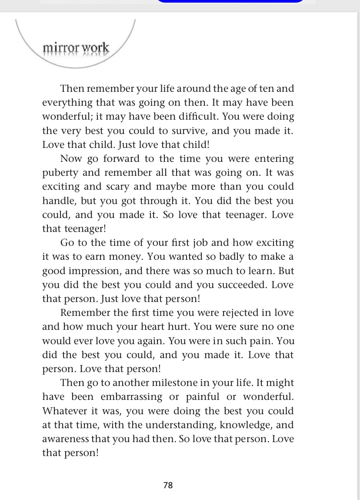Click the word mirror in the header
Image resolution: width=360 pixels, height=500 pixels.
60,48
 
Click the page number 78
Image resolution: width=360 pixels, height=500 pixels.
168,485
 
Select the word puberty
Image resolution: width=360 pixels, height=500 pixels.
60,173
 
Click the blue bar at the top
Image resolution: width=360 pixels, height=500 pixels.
230,1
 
